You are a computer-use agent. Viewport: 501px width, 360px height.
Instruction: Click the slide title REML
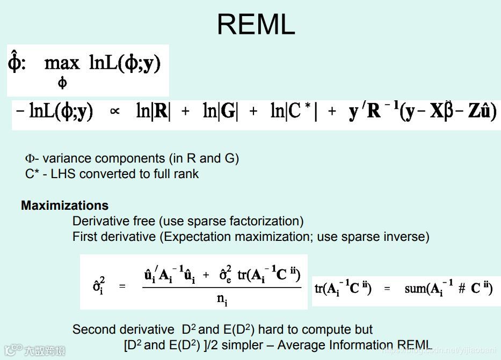pyautogui.click(x=256, y=25)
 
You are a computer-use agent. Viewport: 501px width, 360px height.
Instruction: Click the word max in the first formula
pyautogui.click(x=62, y=63)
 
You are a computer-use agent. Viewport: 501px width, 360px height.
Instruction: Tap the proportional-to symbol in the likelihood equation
pyautogui.click(x=114, y=112)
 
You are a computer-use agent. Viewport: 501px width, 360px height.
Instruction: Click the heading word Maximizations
pyautogui.click(x=64, y=205)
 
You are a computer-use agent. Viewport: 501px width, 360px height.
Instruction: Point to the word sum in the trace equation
pyautogui.click(x=416, y=288)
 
